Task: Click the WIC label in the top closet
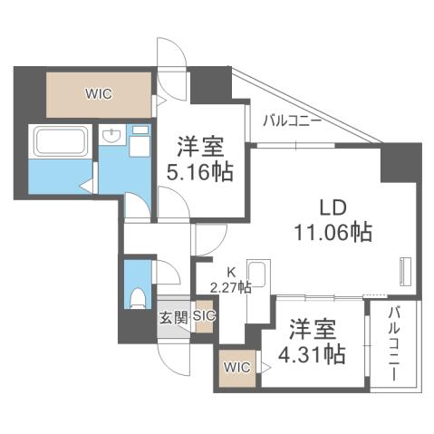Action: coord(99,92)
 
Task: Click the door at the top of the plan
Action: coord(169,56)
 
